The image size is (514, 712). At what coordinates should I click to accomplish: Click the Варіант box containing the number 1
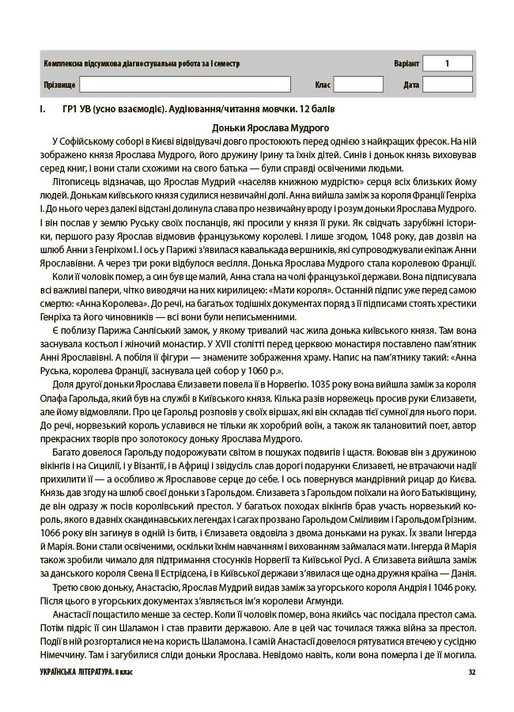click(x=447, y=63)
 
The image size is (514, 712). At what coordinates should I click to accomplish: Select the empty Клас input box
click(x=358, y=85)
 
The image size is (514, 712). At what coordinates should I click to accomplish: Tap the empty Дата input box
click(x=447, y=85)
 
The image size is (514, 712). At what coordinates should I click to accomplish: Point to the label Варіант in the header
click(x=406, y=63)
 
